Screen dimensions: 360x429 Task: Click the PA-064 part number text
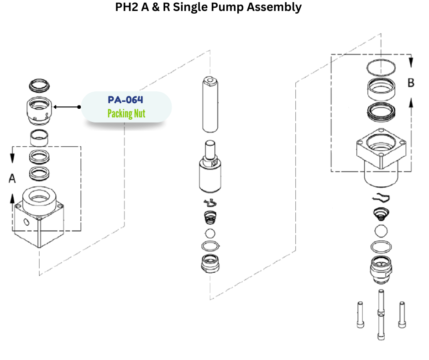point(126,100)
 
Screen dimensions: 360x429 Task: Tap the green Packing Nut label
point(126,114)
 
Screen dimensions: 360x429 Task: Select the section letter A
point(12,179)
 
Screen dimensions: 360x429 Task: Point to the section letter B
point(411,83)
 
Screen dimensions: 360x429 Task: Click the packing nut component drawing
point(38,110)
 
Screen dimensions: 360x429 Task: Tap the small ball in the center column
point(209,233)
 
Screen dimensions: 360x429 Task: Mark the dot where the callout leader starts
point(79,107)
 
